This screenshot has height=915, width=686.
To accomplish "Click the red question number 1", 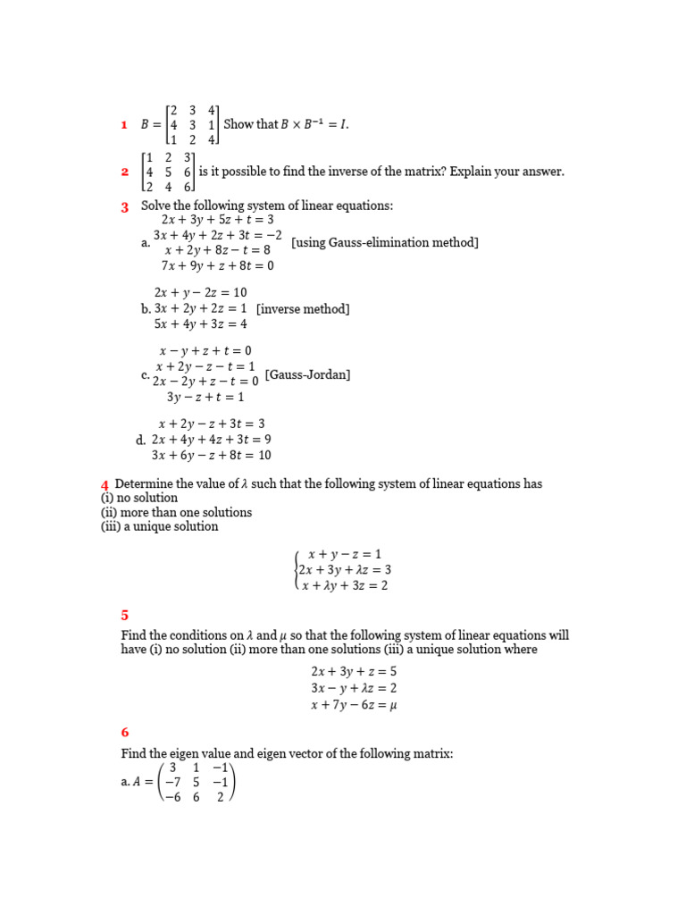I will coord(124,126).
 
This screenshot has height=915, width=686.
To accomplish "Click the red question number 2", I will coord(125,172).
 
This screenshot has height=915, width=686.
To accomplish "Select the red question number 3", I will coord(125,207).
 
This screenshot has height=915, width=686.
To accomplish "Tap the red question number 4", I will coord(105,484).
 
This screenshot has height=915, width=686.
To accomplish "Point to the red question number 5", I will coord(125,615).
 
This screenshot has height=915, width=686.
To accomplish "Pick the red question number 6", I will coord(125,733).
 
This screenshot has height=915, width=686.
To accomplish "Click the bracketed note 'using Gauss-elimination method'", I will coord(385,243).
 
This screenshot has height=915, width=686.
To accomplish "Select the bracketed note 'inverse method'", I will coord(303,309).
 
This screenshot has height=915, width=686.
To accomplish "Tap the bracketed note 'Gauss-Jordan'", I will coord(307,374).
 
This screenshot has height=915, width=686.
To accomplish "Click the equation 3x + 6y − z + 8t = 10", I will coord(211,455).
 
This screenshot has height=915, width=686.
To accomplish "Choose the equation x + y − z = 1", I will coord(344,555).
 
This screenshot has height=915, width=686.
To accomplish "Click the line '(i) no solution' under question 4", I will coord(139,498).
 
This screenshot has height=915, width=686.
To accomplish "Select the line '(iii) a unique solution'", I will coord(159,526).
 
